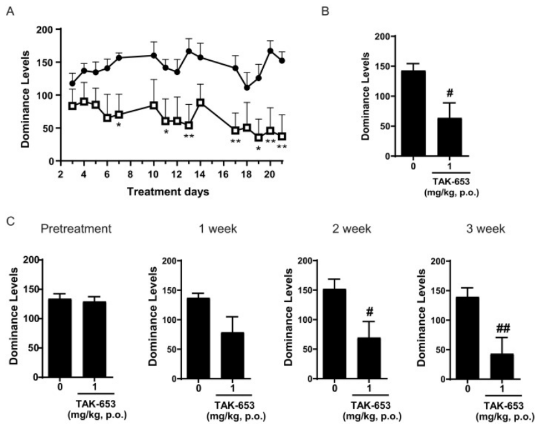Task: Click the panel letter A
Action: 9,11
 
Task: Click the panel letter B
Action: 344,11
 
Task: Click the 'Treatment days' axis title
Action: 168,192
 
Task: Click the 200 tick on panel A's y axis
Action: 45,30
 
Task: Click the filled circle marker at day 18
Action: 247,87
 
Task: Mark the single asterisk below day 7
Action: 119,126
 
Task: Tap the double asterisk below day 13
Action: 189,137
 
